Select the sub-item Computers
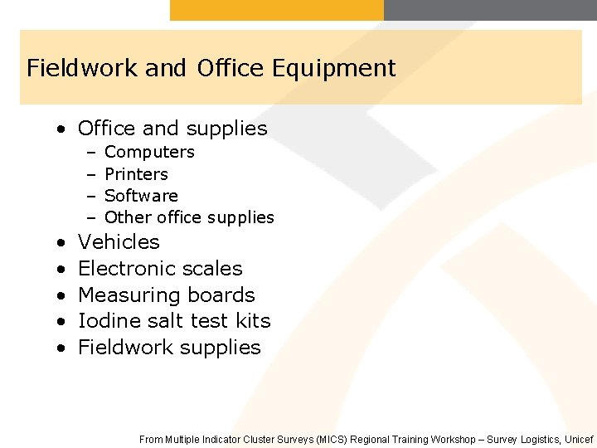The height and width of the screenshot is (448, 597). click(149, 153)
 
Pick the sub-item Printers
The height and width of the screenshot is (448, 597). click(136, 174)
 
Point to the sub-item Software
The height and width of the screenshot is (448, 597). click(141, 196)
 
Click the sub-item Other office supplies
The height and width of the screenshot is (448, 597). click(189, 217)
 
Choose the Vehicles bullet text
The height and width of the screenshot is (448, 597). click(119, 242)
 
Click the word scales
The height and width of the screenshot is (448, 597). click(215, 269)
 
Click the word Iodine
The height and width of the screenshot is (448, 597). click(105, 321)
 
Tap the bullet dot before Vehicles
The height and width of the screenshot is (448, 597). click(62, 243)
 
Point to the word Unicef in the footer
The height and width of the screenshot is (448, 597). click(578, 440)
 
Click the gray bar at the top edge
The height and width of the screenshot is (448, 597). click(490, 10)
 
